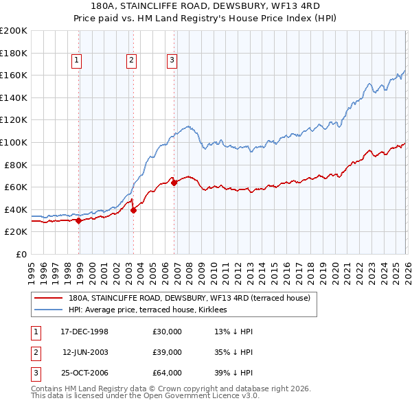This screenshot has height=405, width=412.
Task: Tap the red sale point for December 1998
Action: tap(79, 220)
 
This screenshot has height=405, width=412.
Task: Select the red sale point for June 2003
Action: tap(133, 211)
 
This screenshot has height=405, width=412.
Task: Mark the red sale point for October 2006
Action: tap(174, 183)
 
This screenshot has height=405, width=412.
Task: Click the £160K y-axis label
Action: tap(14, 75)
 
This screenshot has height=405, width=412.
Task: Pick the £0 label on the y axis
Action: tap(21, 254)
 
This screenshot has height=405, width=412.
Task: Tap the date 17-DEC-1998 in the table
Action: tap(84, 332)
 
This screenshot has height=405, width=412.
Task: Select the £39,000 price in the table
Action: tap(168, 352)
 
